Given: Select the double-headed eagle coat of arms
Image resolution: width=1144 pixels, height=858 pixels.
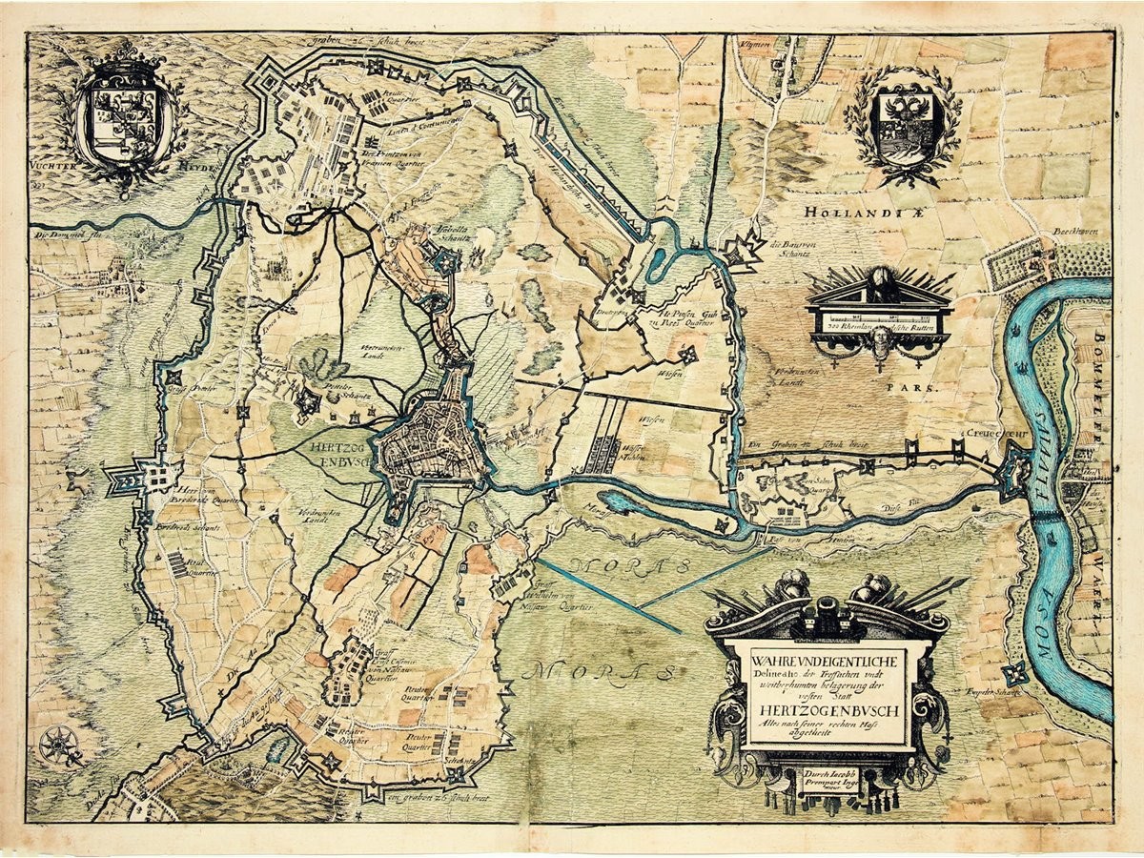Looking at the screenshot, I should point(901,124).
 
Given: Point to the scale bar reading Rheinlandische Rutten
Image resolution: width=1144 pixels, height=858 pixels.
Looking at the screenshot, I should point(878,324).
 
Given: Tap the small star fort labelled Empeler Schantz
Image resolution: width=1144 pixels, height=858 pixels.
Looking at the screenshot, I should point(1015,672).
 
